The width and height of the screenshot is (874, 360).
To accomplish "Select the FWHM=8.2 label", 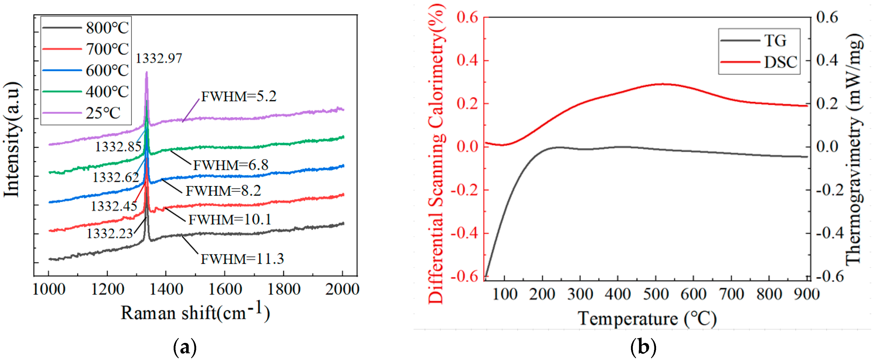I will tap(223, 191).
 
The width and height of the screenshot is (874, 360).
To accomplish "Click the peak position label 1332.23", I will tap(109, 233).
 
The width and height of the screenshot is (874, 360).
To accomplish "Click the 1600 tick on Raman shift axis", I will tap(225, 289).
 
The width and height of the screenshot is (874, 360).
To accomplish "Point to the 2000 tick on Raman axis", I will tap(342, 289).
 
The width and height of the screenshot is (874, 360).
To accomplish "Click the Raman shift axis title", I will tap(195, 312).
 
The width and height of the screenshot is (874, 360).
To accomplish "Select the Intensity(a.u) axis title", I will tap(12, 139).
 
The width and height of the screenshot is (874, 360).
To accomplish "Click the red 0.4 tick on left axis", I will tap(467, 60).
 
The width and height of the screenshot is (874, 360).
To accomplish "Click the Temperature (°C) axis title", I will tap(647, 319).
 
